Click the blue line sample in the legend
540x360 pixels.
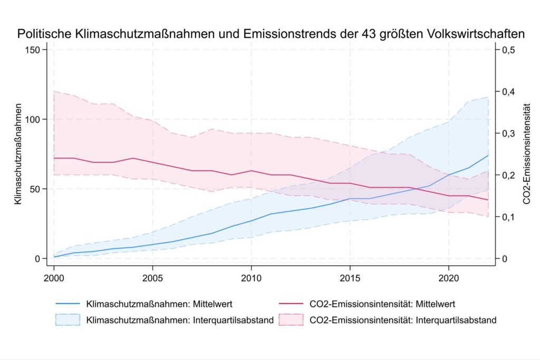click(67, 304)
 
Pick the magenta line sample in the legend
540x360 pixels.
click(290, 304)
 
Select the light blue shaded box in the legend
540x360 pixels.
click(67, 319)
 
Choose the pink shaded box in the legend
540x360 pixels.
click(290, 319)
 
